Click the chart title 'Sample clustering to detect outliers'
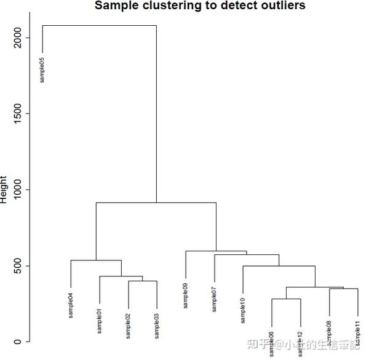200,6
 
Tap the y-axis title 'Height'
4,189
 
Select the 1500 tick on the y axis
19,114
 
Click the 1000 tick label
19,190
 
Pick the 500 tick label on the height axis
19,266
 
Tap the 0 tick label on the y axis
19,342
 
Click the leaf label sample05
42,69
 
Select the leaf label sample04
71,305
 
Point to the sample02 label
129,325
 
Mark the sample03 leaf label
157,325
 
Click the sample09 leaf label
185,295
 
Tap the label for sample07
214,299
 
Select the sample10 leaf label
243,310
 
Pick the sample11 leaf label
357,333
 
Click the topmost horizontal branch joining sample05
99,26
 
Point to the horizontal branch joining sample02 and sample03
143,281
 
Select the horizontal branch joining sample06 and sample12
286,299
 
